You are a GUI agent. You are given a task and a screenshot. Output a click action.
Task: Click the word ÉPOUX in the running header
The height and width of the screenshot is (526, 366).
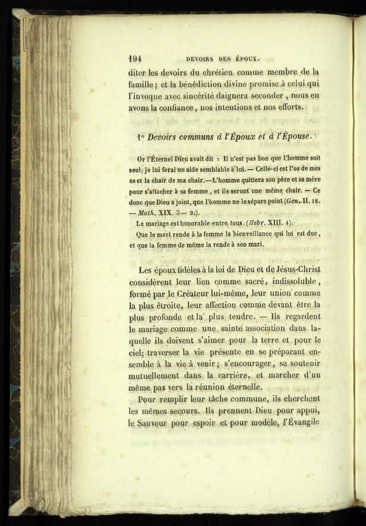[248, 59]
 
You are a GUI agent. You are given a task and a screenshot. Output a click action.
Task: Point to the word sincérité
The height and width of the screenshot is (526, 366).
[214, 96]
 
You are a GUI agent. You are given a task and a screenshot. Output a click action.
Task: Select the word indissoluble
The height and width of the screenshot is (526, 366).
[288, 281]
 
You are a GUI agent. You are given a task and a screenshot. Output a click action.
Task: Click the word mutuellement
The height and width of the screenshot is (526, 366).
[158, 375]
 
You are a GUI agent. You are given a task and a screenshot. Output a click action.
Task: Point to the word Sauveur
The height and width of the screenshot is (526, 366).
[159, 423]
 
